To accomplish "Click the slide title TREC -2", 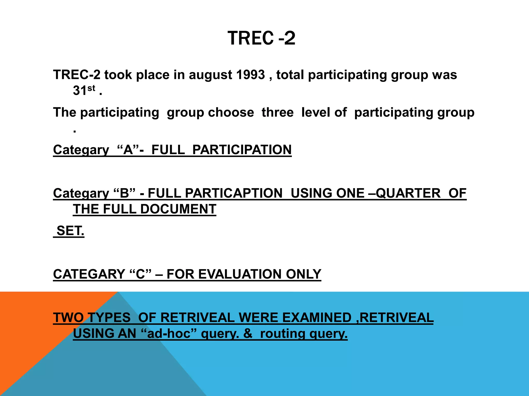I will [261, 38].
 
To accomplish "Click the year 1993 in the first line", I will [250, 75].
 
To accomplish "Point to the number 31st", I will [84, 90].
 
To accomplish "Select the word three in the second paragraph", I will [277, 112].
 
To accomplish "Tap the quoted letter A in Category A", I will [128, 150].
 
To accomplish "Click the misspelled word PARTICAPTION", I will [234, 193].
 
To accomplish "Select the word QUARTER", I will [408, 193].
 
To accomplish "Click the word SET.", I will [70, 231].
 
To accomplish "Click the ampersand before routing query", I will [248, 334].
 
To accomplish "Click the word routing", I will [283, 334].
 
